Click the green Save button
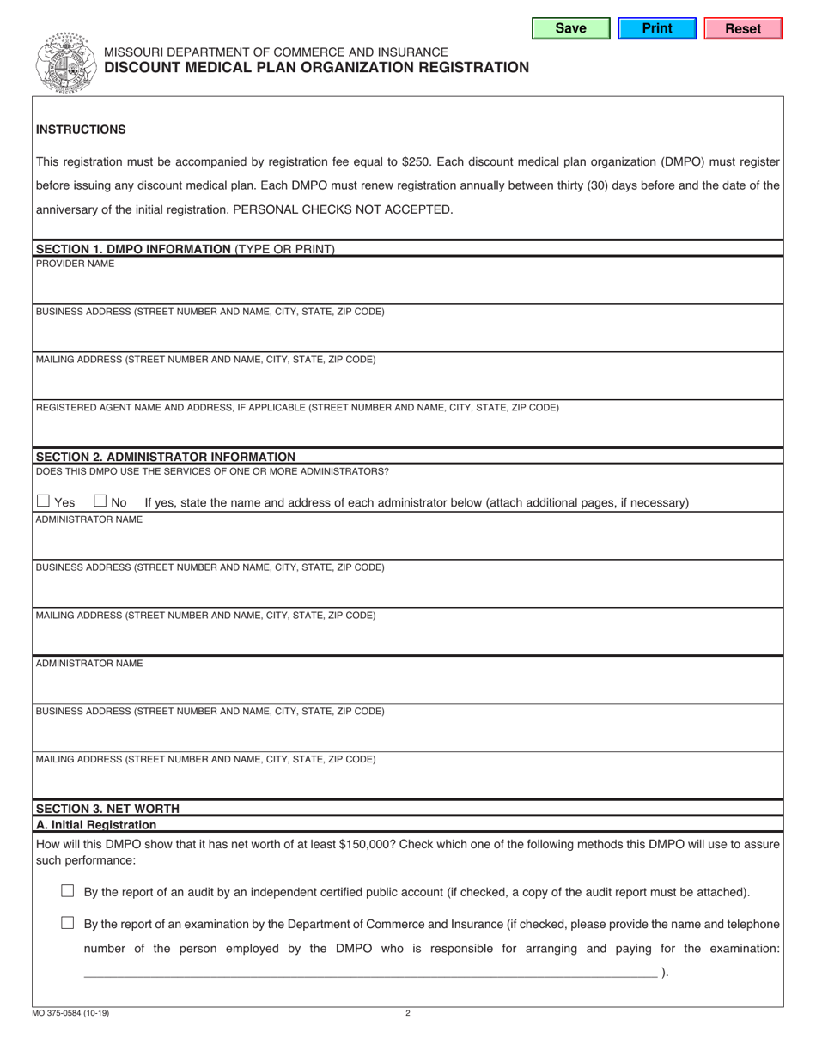(x=570, y=28)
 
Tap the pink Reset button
(x=743, y=28)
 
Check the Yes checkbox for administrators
(x=44, y=501)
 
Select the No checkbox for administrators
(x=100, y=501)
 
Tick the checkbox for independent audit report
(x=68, y=891)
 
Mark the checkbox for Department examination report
(x=68, y=923)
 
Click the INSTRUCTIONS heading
(x=81, y=130)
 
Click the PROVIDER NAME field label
(x=75, y=264)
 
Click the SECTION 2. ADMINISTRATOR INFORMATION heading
(x=165, y=457)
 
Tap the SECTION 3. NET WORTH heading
(x=107, y=808)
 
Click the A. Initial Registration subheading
(x=96, y=824)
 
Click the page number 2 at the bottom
(x=408, y=1013)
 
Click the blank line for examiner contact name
(x=369, y=973)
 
